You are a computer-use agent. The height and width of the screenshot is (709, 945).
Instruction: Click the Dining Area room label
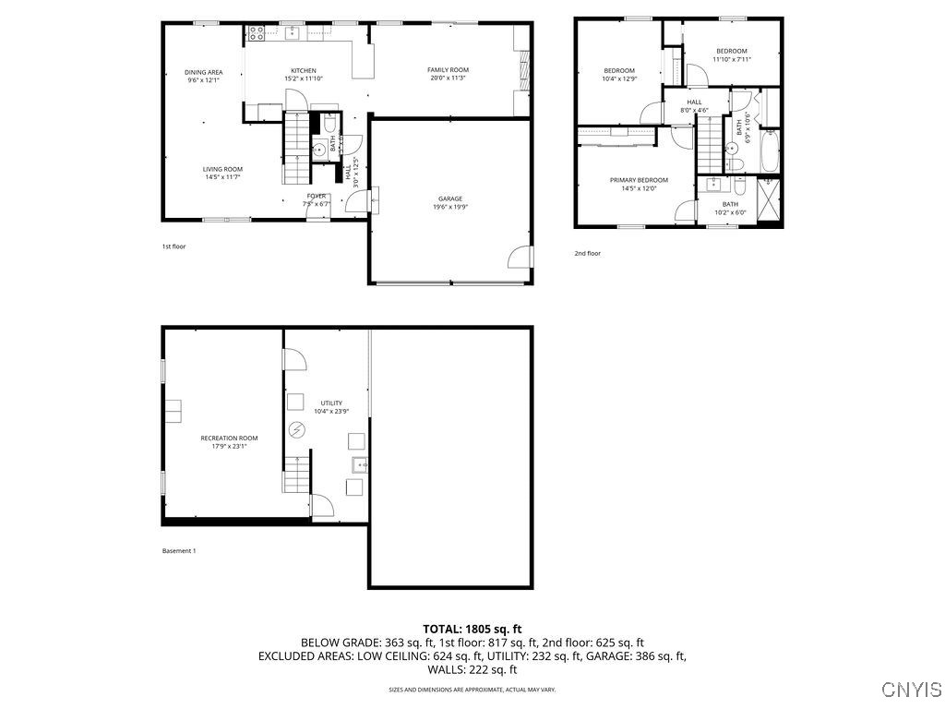(203, 72)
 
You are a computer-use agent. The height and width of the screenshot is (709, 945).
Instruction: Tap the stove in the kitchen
(257, 34)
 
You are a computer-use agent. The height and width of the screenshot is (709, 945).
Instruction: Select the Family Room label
(449, 70)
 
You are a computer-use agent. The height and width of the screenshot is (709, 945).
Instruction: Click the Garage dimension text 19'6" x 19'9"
(450, 207)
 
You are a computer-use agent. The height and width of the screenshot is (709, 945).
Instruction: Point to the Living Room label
(222, 169)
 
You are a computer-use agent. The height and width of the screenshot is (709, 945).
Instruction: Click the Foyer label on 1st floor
(317, 196)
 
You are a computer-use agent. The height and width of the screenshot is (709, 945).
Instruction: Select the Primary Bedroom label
(639, 180)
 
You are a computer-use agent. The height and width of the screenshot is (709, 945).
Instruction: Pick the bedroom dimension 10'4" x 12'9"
(619, 78)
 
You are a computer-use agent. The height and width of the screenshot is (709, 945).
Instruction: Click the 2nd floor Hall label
(694, 102)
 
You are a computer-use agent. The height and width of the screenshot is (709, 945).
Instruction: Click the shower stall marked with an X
(769, 198)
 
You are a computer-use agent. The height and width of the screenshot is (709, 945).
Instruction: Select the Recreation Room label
(229, 439)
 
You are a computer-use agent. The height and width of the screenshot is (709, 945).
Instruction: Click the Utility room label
(331, 403)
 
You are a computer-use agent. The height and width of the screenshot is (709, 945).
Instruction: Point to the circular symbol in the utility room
(296, 429)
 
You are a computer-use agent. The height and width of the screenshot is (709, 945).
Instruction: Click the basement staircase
(296, 478)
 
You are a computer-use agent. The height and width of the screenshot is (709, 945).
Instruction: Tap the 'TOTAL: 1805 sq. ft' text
(472, 629)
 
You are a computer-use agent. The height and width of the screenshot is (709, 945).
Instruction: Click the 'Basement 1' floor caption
(179, 551)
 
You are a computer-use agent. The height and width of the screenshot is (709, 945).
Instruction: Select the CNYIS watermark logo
(911, 690)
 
